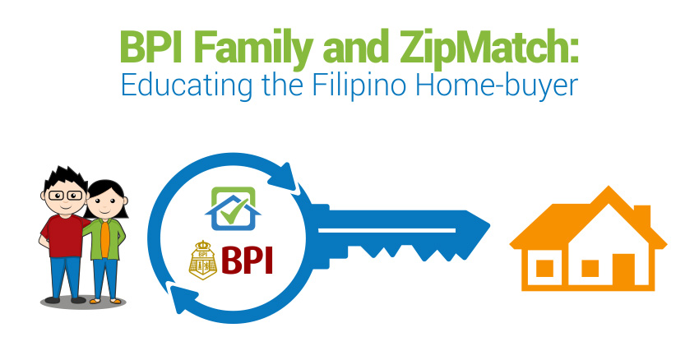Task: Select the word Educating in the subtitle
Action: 187,85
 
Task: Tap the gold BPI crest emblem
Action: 203,261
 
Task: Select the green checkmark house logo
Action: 233,209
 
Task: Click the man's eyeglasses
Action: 66,195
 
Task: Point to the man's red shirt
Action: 64,234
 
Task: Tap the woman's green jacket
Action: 105,238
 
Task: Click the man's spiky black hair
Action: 65,178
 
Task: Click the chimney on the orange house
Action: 642,215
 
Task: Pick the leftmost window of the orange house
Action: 544,269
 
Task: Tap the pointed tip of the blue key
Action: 489,226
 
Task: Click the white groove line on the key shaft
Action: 387,230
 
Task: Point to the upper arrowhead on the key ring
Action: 282,177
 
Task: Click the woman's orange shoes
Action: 104,301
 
